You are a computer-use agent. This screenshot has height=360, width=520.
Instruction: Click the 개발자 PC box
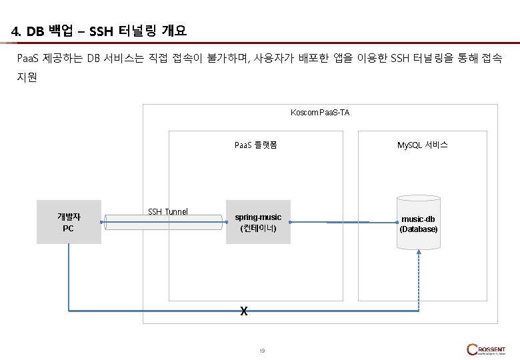point(69,222)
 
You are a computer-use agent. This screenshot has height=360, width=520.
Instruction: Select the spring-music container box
point(258,222)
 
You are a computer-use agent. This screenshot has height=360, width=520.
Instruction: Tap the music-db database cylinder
point(418,222)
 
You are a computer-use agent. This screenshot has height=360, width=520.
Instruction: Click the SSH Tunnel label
point(168,211)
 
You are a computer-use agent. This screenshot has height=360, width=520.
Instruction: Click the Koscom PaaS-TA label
point(320,112)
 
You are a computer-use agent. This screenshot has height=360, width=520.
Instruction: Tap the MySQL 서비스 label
point(422,144)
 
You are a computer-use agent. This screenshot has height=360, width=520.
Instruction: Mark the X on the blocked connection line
point(244,311)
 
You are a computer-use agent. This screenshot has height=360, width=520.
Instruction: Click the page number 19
point(262,351)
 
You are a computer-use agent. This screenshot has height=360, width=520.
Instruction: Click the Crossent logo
point(486,349)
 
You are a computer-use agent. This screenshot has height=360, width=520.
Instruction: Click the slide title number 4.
point(16,31)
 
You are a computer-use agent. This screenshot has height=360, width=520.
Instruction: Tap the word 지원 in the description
point(27,77)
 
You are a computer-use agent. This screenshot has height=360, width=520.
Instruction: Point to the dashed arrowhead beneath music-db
point(418,253)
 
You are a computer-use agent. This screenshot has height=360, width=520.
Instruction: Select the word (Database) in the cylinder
point(419,229)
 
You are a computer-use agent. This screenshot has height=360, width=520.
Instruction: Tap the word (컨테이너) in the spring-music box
point(258,229)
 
